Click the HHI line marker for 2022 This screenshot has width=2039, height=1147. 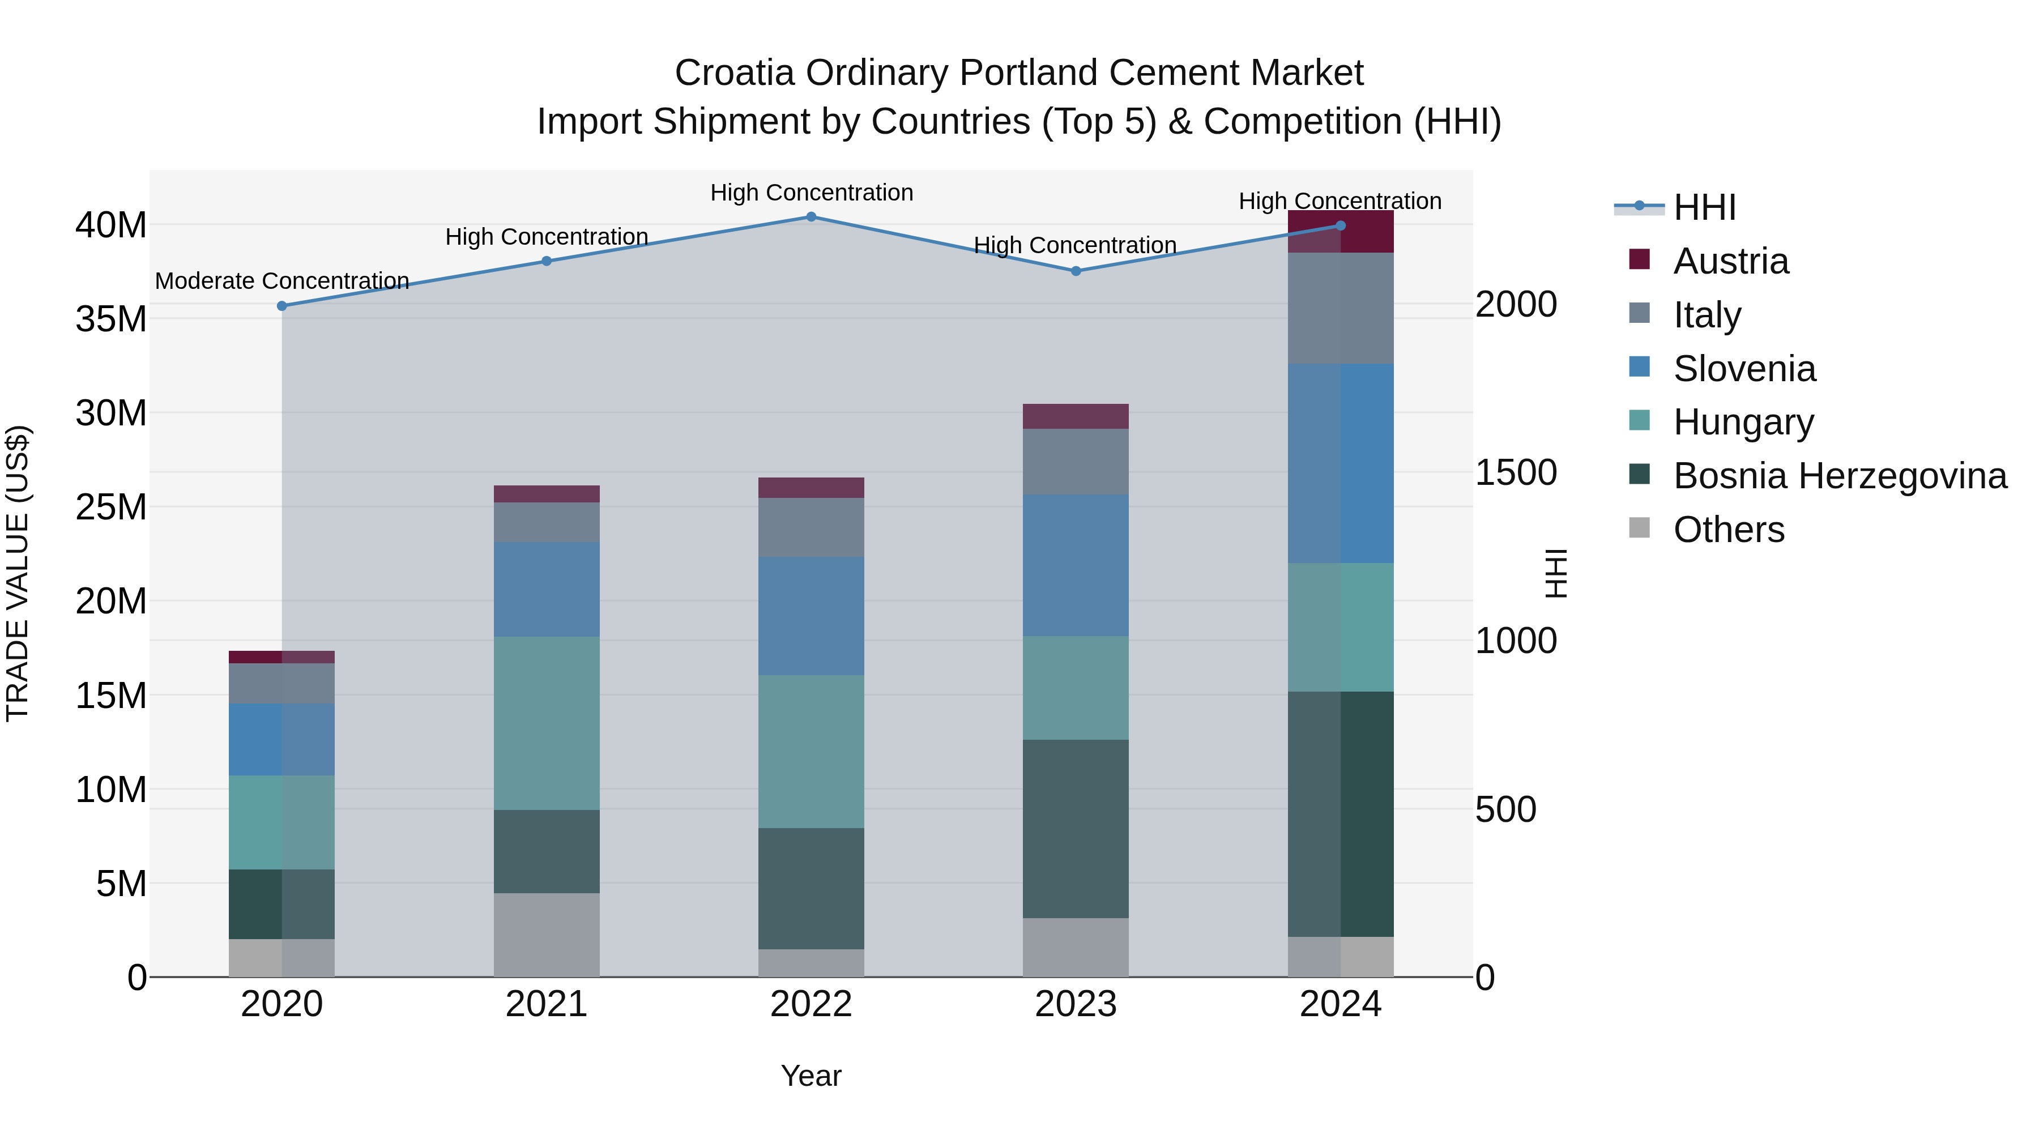(x=811, y=217)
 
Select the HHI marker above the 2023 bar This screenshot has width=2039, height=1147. (x=1076, y=271)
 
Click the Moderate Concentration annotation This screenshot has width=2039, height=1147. (x=282, y=281)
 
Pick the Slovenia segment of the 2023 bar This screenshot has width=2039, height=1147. (x=1076, y=565)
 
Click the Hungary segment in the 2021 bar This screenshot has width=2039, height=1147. (x=546, y=723)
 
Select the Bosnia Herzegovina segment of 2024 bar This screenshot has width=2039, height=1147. (x=1340, y=814)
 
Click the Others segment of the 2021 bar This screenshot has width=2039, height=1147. (x=546, y=935)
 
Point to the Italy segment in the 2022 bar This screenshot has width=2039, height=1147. (x=811, y=527)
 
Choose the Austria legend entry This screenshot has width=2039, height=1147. (x=1730, y=261)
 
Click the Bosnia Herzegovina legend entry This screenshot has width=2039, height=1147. (x=1840, y=476)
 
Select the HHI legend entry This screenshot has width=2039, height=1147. (x=1704, y=207)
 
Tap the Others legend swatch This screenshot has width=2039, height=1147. (x=1639, y=528)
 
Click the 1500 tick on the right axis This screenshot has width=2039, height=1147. (x=1516, y=472)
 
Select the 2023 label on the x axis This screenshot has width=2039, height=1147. (x=1076, y=1004)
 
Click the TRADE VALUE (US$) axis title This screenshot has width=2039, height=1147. (x=18, y=573)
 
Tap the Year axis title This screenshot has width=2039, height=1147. (x=811, y=1076)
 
